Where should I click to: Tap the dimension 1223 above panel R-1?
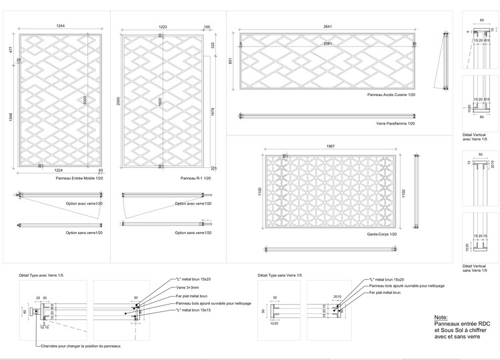pyautogui.click(x=162, y=26)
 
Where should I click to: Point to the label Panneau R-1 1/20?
pyautogui.click(x=195, y=179)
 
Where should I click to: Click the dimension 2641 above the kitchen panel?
pyautogui.click(x=327, y=26)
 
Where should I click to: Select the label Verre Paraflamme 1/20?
pyautogui.click(x=395, y=123)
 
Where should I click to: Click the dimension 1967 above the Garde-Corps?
pyautogui.click(x=331, y=147)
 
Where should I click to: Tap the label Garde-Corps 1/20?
pyautogui.click(x=382, y=234)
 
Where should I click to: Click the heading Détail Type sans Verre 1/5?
pyautogui.click(x=279, y=275)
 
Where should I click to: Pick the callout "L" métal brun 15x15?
pyautogui.click(x=195, y=311)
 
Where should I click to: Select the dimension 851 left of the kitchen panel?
pyautogui.click(x=231, y=61)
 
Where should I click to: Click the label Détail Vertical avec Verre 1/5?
pyautogui.click(x=475, y=137)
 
